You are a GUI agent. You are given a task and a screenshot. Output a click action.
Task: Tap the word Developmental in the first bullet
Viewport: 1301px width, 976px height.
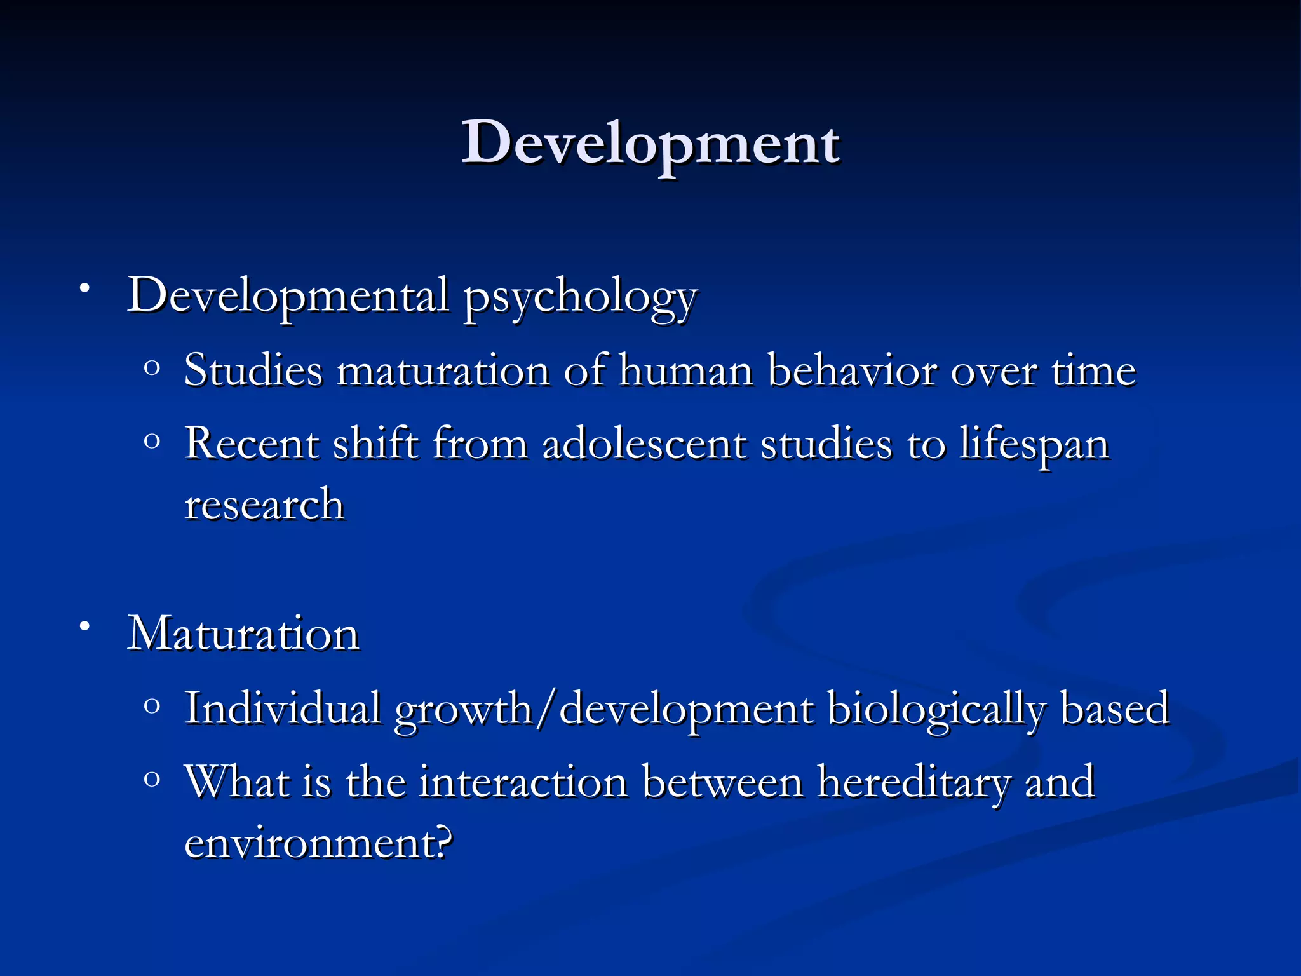click(x=289, y=296)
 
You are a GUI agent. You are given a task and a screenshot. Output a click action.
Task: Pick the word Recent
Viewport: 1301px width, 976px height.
click(x=252, y=444)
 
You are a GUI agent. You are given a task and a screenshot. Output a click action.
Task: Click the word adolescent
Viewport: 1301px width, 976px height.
click(x=644, y=444)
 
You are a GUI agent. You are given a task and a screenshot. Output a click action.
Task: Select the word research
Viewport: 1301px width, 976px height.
click(x=264, y=505)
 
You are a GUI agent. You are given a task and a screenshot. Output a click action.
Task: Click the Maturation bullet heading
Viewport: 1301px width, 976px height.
click(x=244, y=634)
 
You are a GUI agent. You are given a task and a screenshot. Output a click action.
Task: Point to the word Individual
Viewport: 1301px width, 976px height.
click(x=282, y=708)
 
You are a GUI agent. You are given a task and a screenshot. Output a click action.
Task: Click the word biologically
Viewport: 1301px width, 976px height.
click(x=936, y=709)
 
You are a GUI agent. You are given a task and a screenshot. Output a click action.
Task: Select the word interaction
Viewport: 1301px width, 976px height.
click(x=523, y=782)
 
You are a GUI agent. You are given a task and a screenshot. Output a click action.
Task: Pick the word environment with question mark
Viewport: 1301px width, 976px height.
click(x=318, y=843)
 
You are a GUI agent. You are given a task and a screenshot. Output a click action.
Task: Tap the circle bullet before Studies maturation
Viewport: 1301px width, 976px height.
click(x=152, y=367)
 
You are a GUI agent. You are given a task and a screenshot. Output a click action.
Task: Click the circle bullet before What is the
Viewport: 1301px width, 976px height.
click(x=152, y=779)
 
